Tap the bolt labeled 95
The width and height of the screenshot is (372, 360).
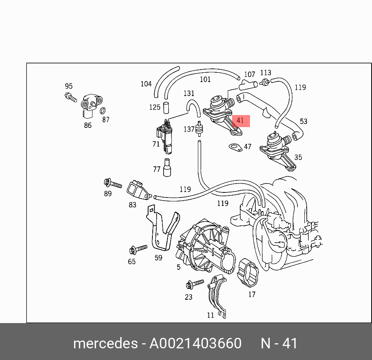click(71, 97)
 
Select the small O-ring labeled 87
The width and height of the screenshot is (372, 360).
click(103, 111)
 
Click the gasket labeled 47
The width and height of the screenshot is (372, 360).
click(236, 147)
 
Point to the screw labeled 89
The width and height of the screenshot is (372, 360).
click(113, 183)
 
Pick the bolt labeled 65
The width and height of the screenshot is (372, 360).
click(138, 250)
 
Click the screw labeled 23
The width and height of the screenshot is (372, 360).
click(195, 283)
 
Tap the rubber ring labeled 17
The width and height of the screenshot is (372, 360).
click(248, 273)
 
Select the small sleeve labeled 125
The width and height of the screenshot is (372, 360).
click(166, 107)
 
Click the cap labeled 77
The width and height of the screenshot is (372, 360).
click(167, 168)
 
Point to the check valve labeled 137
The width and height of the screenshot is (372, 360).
click(199, 128)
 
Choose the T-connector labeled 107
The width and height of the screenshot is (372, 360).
click(248, 85)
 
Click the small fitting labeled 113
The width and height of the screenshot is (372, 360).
click(264, 82)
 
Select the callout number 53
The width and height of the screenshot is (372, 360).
click(304, 122)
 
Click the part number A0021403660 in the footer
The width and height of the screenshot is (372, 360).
click(196, 343)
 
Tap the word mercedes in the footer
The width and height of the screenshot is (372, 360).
click(105, 343)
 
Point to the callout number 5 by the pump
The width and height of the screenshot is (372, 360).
click(179, 267)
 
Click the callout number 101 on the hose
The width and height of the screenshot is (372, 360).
click(205, 79)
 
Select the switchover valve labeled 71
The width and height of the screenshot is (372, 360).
click(164, 136)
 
